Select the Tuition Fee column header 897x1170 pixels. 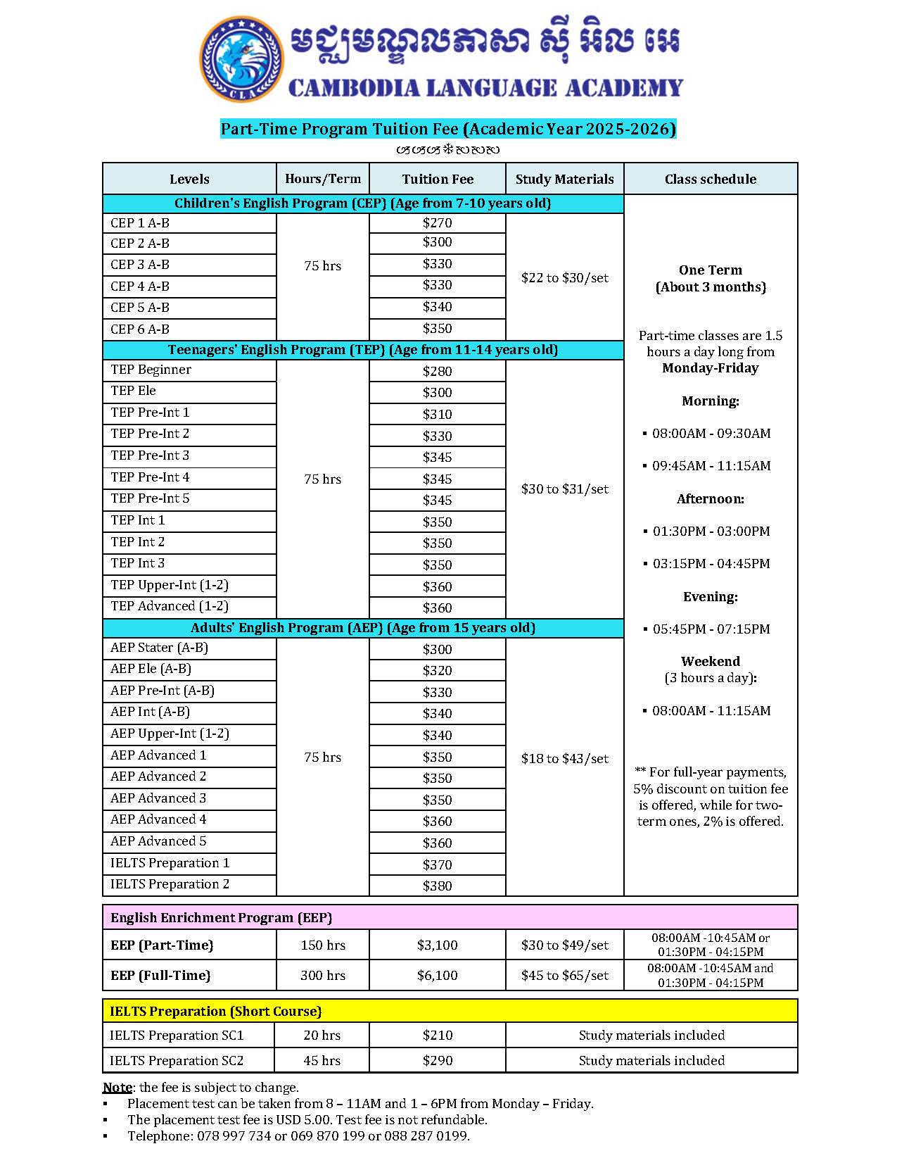438,180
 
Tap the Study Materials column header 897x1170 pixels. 564,180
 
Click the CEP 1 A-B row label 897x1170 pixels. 140,223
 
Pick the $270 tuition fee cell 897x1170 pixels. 437,223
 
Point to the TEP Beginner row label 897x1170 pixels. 151,370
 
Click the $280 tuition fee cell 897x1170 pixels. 437,371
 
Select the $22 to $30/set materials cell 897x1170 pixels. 564,278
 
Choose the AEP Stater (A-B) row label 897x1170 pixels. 159,648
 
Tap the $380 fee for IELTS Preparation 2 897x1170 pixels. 437,886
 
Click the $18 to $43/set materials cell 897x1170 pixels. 564,758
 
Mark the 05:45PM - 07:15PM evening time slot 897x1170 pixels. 711,629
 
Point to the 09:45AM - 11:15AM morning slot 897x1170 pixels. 711,466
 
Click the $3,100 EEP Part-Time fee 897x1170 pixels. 437,945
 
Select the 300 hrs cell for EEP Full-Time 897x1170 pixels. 323,976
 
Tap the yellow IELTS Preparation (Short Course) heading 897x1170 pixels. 215,1012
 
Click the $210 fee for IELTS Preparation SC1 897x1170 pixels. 437,1036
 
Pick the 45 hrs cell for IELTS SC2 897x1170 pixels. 322,1061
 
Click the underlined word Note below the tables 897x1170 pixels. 117,1088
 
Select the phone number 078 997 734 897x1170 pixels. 234,1136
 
